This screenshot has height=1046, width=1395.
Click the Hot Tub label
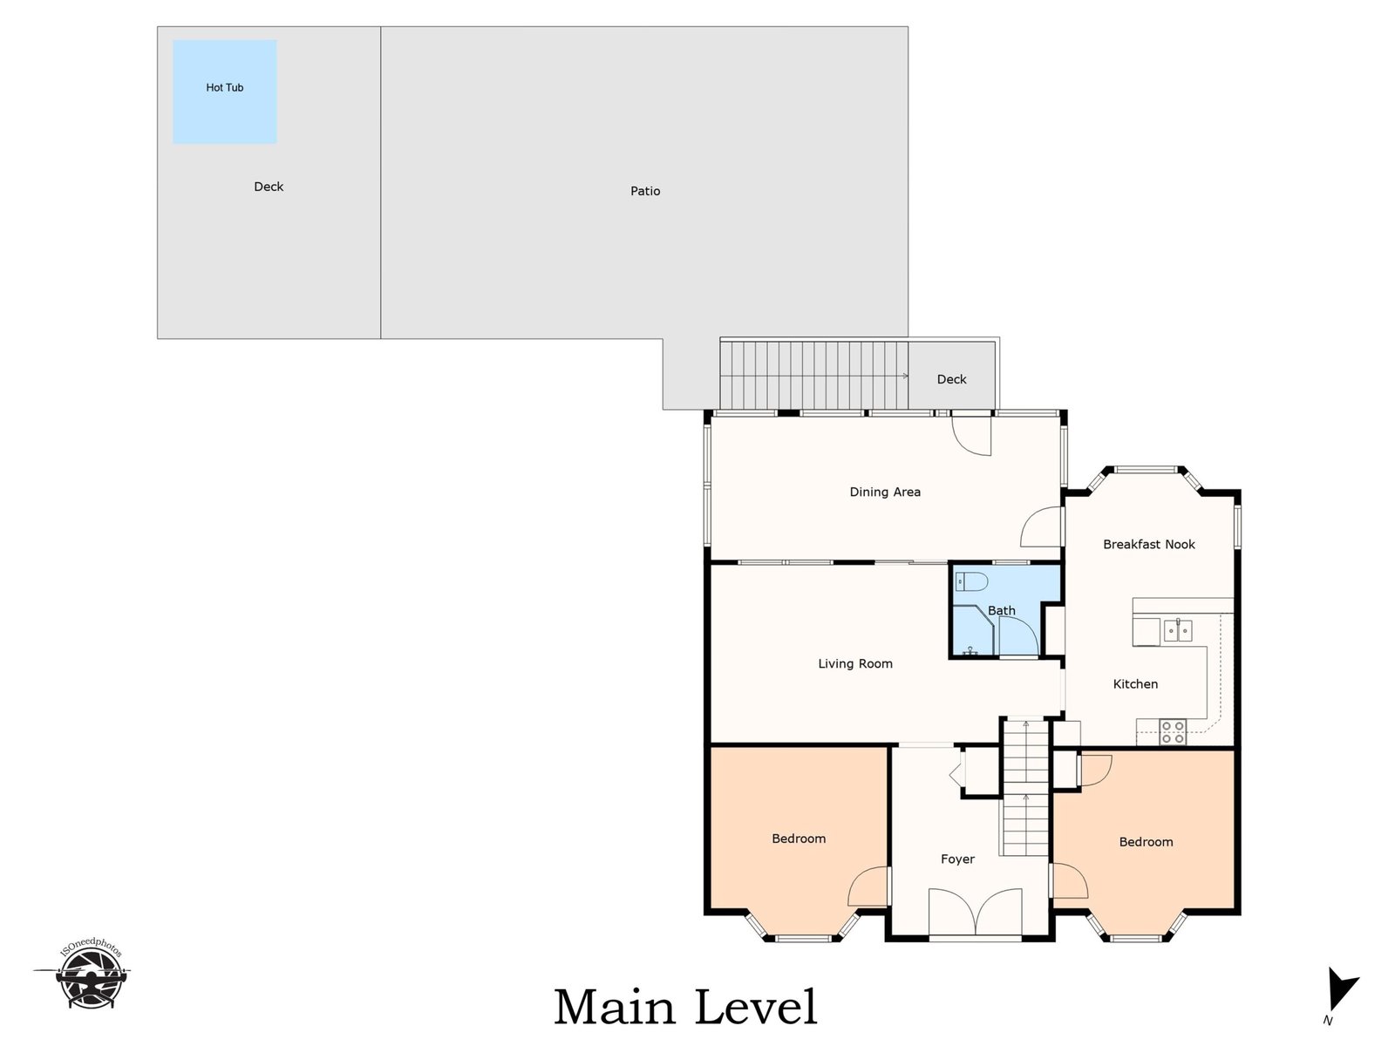(224, 88)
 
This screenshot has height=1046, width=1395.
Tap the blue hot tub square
(224, 92)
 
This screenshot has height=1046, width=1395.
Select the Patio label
(645, 191)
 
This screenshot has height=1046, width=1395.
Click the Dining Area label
(885, 492)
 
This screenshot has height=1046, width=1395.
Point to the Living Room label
(854, 663)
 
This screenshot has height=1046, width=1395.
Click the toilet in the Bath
(972, 581)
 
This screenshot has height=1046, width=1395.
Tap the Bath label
(1001, 610)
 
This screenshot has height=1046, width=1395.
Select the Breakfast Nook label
(1148, 544)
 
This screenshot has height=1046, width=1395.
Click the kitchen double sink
(1178, 630)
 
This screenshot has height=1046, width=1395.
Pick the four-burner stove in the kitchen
(1173, 731)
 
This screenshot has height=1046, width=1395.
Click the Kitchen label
(1135, 684)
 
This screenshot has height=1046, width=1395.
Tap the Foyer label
(957, 859)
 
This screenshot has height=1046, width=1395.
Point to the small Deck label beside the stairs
(951, 379)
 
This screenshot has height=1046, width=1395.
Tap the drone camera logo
(88, 975)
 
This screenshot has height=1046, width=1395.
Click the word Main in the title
(614, 1008)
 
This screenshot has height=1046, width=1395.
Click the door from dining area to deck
(971, 434)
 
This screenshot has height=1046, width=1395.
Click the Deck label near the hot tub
(269, 187)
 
